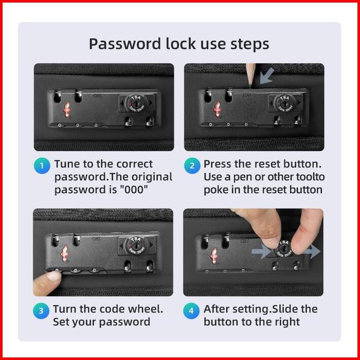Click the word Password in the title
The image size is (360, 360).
(x=125, y=44)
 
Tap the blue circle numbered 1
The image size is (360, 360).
(x=42, y=165)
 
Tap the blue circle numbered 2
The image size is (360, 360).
(x=192, y=165)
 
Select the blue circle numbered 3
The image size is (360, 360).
(x=41, y=311)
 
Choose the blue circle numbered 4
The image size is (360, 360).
(x=191, y=311)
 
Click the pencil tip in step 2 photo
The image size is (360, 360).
(x=249, y=86)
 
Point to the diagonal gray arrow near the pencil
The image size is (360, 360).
(x=267, y=76)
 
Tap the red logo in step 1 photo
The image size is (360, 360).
(x=67, y=110)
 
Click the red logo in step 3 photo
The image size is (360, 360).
(x=65, y=253)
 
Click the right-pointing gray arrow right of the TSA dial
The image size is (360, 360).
(x=311, y=251)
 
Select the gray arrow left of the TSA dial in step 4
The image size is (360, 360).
(x=262, y=251)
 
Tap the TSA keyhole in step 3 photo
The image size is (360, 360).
(x=136, y=246)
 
